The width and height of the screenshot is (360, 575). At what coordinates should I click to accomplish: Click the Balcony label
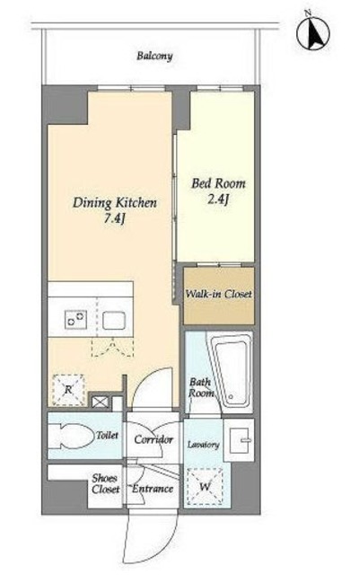point(154,56)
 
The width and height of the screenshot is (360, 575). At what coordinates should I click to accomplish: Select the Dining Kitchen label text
point(115,203)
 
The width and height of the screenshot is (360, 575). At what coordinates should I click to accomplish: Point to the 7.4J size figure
point(115,219)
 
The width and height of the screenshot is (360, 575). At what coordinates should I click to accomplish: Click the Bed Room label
point(218,183)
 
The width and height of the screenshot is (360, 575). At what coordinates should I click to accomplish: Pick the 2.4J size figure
point(218,199)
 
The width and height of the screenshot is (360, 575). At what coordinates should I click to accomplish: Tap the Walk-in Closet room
point(219,296)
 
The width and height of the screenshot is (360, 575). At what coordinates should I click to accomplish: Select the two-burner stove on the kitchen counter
point(76,320)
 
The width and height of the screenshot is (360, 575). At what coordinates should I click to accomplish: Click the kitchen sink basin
point(114,320)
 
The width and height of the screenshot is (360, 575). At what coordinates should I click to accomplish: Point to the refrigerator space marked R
point(68,390)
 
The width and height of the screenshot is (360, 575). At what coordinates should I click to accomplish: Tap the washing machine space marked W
point(205,487)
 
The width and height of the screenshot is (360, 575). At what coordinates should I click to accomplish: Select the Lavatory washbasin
point(239,439)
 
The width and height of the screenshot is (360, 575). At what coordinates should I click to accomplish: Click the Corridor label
point(154,439)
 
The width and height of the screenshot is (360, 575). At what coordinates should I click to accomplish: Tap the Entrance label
point(153,489)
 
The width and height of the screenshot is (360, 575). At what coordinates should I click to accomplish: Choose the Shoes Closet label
point(106,483)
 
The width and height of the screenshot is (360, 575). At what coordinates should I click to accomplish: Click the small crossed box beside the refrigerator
point(100,402)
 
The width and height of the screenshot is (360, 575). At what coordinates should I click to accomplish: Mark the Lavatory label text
point(204,445)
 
